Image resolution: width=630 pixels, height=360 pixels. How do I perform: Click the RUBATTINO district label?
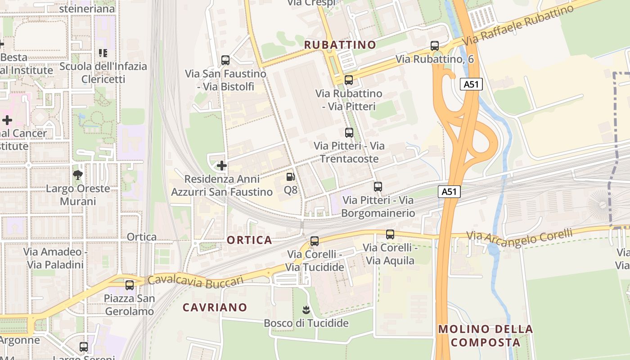pos(340,45)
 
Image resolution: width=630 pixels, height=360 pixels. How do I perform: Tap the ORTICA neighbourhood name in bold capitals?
pos(249,240)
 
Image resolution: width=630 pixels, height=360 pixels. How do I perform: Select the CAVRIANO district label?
pos(215,307)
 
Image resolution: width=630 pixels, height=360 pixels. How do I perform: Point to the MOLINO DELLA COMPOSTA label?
pos(486,336)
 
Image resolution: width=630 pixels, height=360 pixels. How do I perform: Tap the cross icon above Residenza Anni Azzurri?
pos(222,166)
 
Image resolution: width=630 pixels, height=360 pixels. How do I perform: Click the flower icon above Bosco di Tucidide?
pos(306,310)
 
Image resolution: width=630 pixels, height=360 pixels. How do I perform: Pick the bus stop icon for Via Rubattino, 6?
pos(435,46)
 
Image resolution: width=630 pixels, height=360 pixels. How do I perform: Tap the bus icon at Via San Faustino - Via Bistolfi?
pos(225,60)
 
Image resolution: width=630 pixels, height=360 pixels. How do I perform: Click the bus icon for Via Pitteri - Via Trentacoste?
pos(349,133)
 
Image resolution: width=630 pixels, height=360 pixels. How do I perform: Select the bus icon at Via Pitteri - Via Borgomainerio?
pos(378,187)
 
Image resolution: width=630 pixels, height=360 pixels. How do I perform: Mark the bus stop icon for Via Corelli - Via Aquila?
pos(390,234)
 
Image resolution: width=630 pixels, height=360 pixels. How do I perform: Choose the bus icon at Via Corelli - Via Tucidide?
pos(315,241)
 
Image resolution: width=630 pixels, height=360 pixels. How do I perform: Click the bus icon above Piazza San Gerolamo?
pos(130,285)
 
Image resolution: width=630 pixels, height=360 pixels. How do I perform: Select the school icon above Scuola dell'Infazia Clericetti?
pos(103,53)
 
